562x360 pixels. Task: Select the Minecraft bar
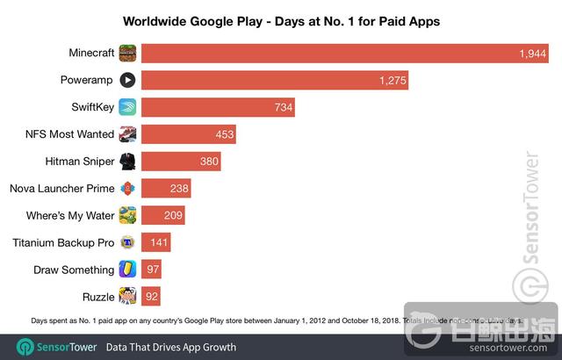342,53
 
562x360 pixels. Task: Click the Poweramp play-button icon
127,80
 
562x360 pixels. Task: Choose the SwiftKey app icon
127,107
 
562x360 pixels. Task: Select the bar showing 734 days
217,107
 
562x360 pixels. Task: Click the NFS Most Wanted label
70,134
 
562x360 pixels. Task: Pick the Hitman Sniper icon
127,162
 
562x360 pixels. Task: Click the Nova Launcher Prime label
61,189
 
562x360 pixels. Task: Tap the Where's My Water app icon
127,216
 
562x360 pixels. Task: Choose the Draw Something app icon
127,270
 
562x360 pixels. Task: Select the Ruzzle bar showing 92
150,297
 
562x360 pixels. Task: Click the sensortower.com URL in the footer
513,347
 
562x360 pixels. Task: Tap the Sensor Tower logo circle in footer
25,347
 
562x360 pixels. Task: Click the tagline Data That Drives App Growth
171,347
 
